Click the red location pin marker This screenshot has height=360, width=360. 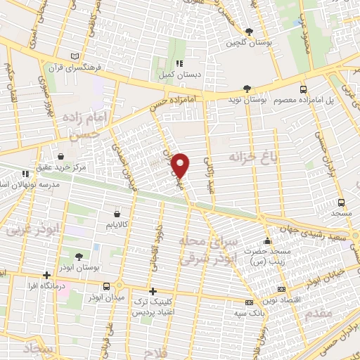[181, 165]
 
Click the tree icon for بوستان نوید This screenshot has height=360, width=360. [246, 89]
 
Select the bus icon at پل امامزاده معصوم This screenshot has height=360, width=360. [303, 89]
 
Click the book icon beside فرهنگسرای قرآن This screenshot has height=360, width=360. [75, 56]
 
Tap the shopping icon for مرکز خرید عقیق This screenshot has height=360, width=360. [63, 157]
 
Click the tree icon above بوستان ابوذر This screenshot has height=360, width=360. [77, 256]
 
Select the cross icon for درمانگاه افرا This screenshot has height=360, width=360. [46, 275]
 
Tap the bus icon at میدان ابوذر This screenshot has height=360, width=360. [106, 286]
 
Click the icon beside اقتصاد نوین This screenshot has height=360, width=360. [282, 289]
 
